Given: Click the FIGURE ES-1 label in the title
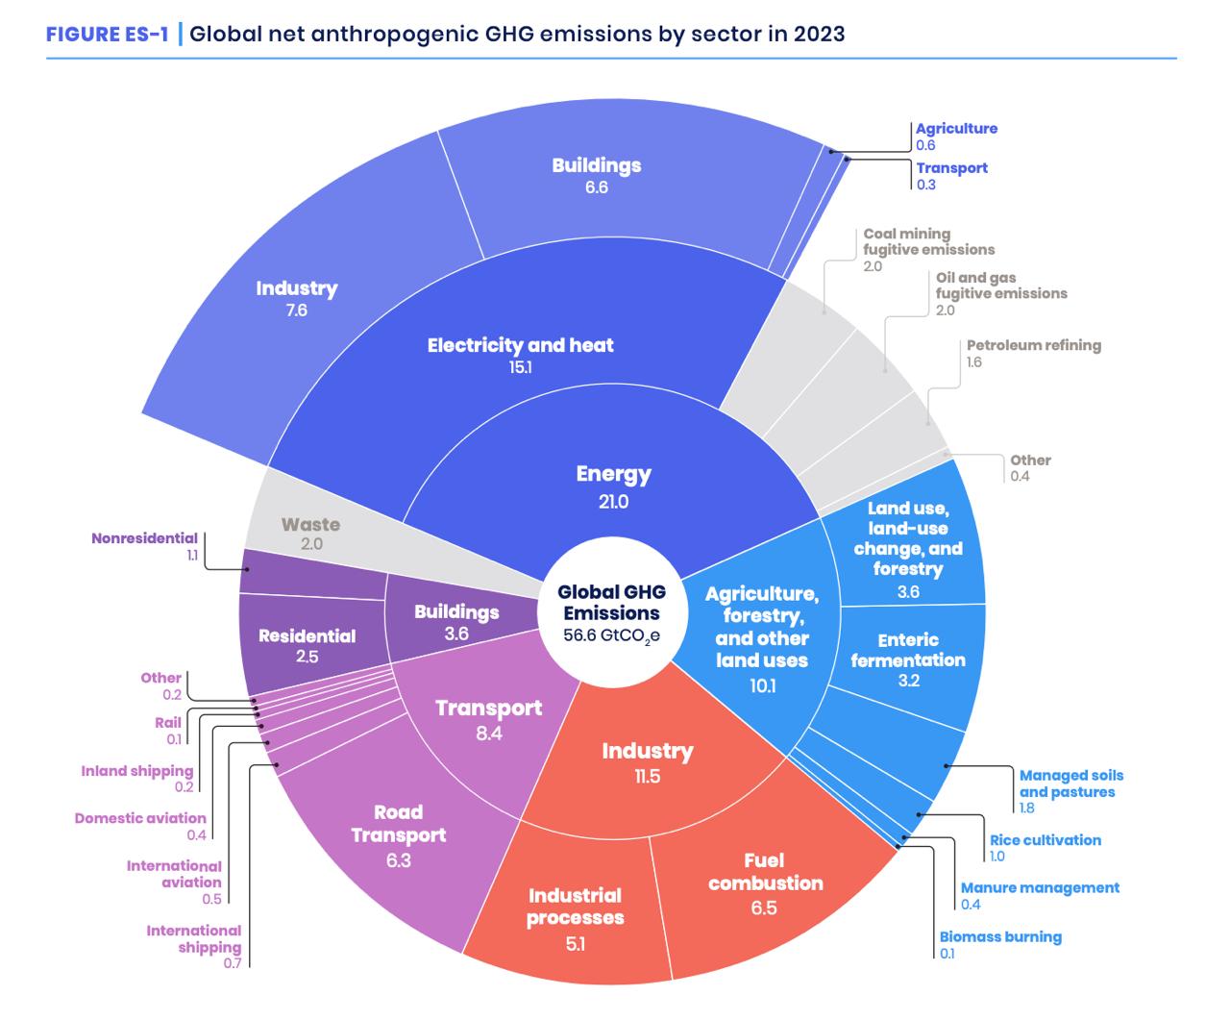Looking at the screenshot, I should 108,35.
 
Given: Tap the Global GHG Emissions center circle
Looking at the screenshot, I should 611,613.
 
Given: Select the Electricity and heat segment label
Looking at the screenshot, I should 520,345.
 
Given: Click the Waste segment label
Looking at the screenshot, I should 310,525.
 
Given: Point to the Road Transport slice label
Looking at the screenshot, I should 399,824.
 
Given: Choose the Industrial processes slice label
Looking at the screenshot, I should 575,907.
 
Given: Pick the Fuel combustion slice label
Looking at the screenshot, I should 765,872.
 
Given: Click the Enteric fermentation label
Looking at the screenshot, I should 907,650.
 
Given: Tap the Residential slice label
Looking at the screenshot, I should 307,636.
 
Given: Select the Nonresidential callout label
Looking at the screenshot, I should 145,538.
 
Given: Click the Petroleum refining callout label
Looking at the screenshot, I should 1033,345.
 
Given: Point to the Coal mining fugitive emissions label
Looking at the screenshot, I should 928,241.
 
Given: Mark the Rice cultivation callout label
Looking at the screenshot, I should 1045,839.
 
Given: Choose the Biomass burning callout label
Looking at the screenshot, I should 1000,936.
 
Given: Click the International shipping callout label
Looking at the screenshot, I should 194,938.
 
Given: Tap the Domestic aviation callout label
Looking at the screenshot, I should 140,818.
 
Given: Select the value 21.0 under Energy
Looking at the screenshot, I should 613,501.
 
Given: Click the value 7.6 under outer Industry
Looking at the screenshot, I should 296,311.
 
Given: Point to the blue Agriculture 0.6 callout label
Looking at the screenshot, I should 956,129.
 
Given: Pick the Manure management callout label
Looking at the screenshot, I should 1040,887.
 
